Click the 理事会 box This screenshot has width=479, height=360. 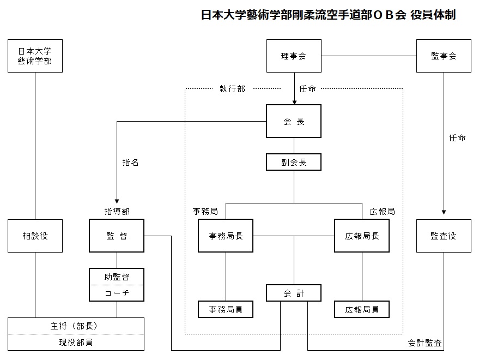[294, 56]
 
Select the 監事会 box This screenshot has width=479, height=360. [444, 56]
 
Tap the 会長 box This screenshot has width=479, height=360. [294, 121]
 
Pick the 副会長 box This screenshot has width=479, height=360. [294, 162]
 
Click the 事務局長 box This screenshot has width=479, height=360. [226, 236]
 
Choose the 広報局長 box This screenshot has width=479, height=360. [362, 236]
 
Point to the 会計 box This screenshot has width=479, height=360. [294, 293]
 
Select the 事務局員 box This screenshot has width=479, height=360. [226, 309]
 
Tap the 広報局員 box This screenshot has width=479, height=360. [362, 309]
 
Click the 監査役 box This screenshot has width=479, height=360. [444, 236]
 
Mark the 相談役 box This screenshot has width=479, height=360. [35, 236]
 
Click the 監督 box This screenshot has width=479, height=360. [117, 236]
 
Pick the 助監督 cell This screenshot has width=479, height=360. [117, 277]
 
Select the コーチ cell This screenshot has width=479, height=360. [117, 293]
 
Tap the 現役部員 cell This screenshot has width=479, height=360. [76, 342]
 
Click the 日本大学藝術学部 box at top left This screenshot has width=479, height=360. [35, 56]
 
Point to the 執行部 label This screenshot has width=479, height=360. [233, 89]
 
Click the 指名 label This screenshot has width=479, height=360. [130, 163]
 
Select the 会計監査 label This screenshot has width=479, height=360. [425, 343]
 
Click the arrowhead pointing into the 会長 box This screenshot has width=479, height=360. [294, 103]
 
